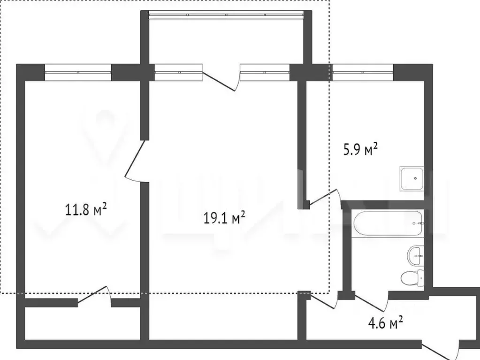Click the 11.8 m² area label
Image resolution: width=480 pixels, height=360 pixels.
tap(86, 209)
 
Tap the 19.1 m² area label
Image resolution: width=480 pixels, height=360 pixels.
tap(224, 218)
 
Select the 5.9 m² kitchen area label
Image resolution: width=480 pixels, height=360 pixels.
tap(360, 150)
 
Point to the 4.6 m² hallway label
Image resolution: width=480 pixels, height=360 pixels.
tap(385, 322)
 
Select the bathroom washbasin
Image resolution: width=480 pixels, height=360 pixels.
tap(416, 256)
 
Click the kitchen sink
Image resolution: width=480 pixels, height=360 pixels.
tap(412, 179)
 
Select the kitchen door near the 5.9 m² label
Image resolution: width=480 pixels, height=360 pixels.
tap(325, 198)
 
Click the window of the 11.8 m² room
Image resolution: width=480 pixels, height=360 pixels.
tap(78, 72)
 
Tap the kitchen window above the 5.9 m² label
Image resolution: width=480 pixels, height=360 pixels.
tap(363, 72)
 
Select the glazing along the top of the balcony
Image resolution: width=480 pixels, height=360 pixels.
tap(226, 15)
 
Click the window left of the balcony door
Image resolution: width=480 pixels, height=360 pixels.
tap(178, 72)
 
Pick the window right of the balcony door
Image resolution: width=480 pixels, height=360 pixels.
tap(265, 72)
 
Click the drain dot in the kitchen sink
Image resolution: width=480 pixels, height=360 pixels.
tap(415, 178)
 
